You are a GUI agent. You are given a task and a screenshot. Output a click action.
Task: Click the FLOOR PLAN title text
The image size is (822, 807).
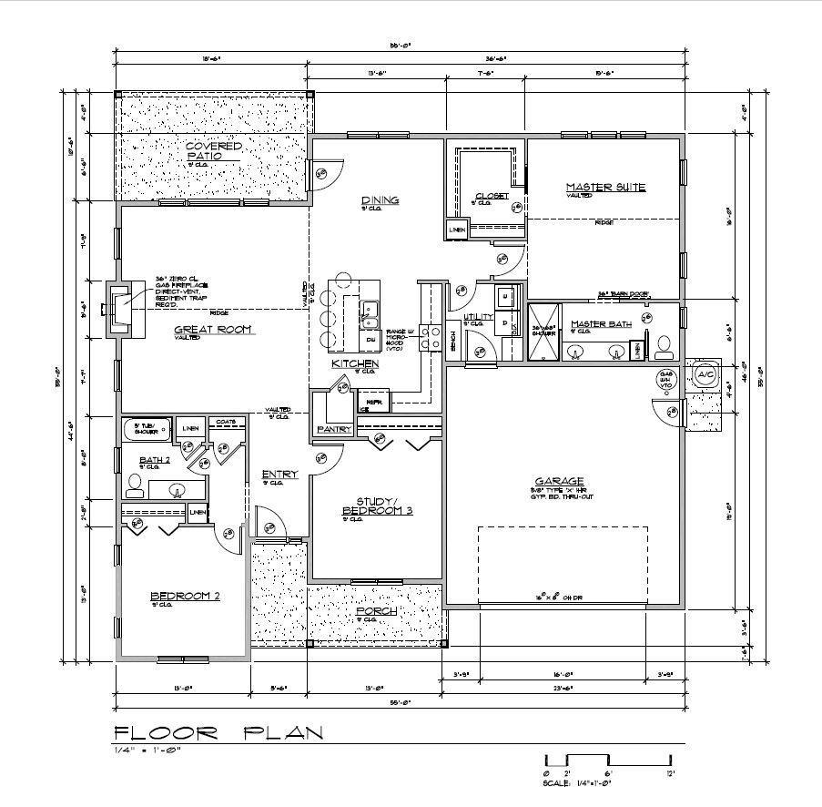click(217, 733)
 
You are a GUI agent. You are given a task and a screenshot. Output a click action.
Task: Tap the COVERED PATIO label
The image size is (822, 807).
click(214, 151)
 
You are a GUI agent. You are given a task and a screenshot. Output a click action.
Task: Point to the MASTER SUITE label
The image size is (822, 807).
click(605, 187)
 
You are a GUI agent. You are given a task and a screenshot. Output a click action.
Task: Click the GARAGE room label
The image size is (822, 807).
click(559, 481)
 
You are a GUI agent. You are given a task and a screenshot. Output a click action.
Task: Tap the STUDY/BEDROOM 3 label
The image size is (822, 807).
click(377, 506)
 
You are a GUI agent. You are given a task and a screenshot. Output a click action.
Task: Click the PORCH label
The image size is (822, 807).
click(376, 611)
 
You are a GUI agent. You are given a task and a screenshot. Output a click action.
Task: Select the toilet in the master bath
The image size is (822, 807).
click(664, 345)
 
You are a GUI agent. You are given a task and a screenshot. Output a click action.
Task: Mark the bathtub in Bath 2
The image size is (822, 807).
click(147, 429)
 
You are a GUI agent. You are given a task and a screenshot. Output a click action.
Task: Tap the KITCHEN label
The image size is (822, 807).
click(354, 363)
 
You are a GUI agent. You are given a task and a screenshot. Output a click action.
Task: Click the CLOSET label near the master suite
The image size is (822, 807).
click(492, 195)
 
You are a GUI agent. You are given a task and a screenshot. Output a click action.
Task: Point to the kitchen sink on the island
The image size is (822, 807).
click(370, 314)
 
